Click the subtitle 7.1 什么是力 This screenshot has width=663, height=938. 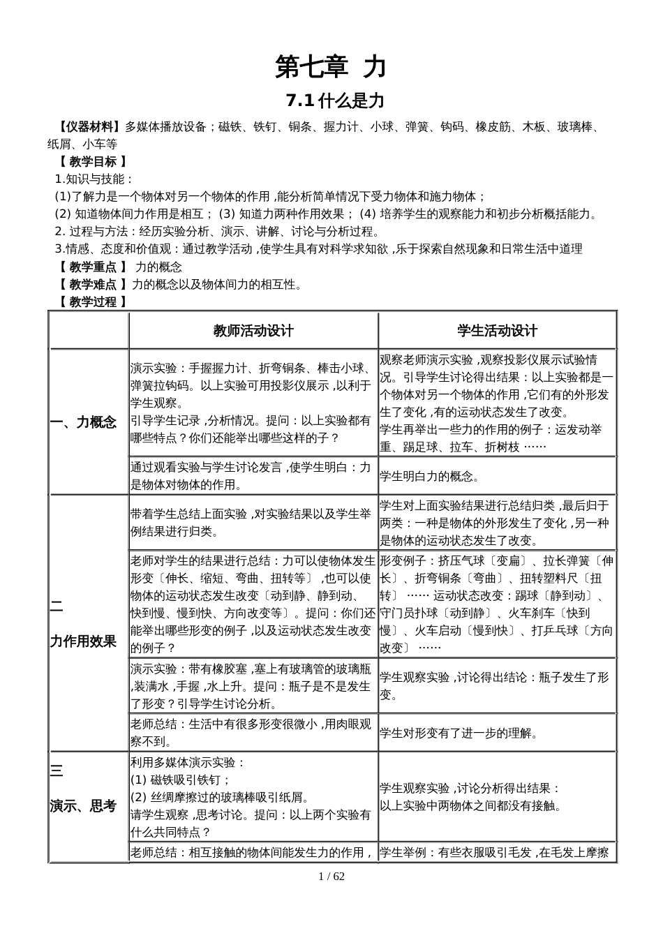[x=335, y=101]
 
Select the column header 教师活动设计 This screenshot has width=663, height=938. [x=253, y=331]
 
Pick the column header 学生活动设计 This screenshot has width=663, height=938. [x=497, y=331]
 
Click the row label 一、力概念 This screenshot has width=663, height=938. [x=84, y=422]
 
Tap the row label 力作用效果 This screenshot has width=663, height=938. [x=83, y=641]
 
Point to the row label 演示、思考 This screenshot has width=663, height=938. [x=83, y=806]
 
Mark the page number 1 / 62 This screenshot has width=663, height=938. [x=331, y=877]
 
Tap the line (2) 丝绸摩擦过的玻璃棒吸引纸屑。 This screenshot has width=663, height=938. [x=220, y=797]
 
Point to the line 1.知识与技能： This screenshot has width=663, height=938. [x=94, y=179]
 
